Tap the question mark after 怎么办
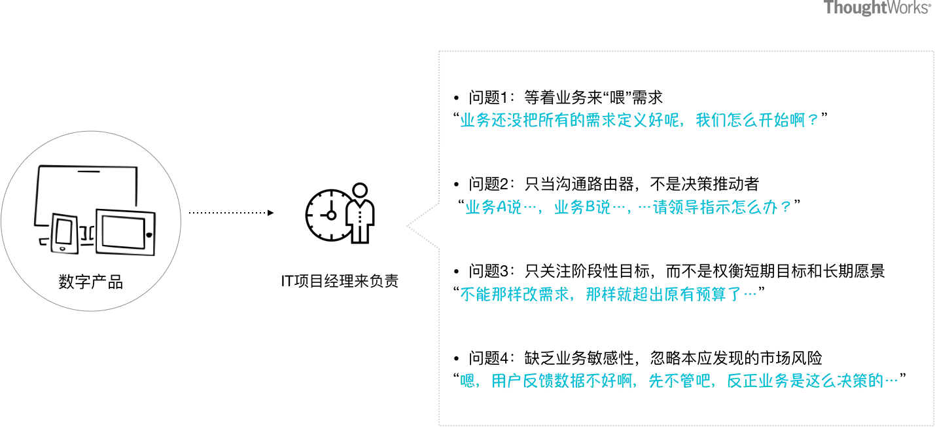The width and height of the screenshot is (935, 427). (x=786, y=208)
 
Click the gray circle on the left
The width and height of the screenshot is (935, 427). (x=91, y=220)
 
